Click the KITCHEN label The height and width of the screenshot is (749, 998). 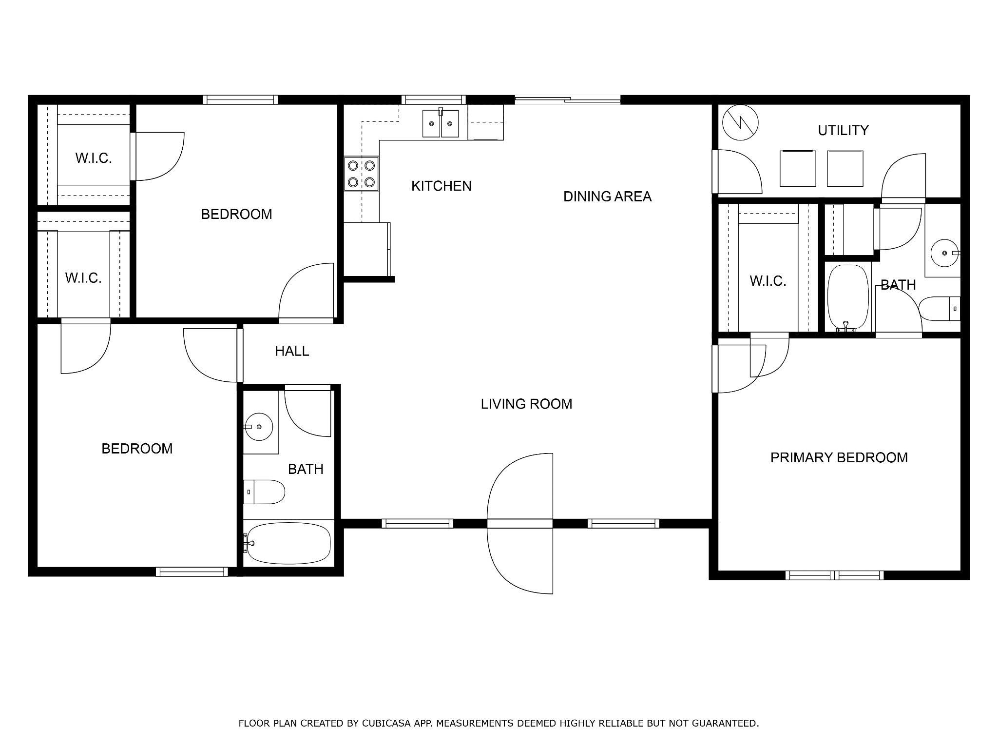[x=441, y=186]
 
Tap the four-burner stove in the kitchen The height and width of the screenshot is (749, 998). [x=361, y=174]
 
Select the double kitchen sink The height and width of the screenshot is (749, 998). [x=441, y=123]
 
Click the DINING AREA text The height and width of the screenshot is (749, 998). [x=607, y=197]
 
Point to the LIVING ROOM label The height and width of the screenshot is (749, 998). [x=526, y=404]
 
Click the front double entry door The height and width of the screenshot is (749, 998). [x=520, y=523]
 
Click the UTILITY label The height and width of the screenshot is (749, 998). [x=843, y=131]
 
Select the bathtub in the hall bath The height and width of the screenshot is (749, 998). [x=288, y=543]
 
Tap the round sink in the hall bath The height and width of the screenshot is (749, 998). [x=259, y=427]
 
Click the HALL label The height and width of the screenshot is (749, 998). [x=292, y=351]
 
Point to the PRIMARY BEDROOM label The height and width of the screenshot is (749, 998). [x=839, y=457]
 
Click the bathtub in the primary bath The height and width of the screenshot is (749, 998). [x=848, y=297]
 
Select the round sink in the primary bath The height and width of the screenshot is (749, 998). [x=945, y=253]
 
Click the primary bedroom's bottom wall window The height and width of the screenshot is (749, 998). [x=834, y=575]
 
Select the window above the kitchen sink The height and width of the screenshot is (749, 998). [x=433, y=100]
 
